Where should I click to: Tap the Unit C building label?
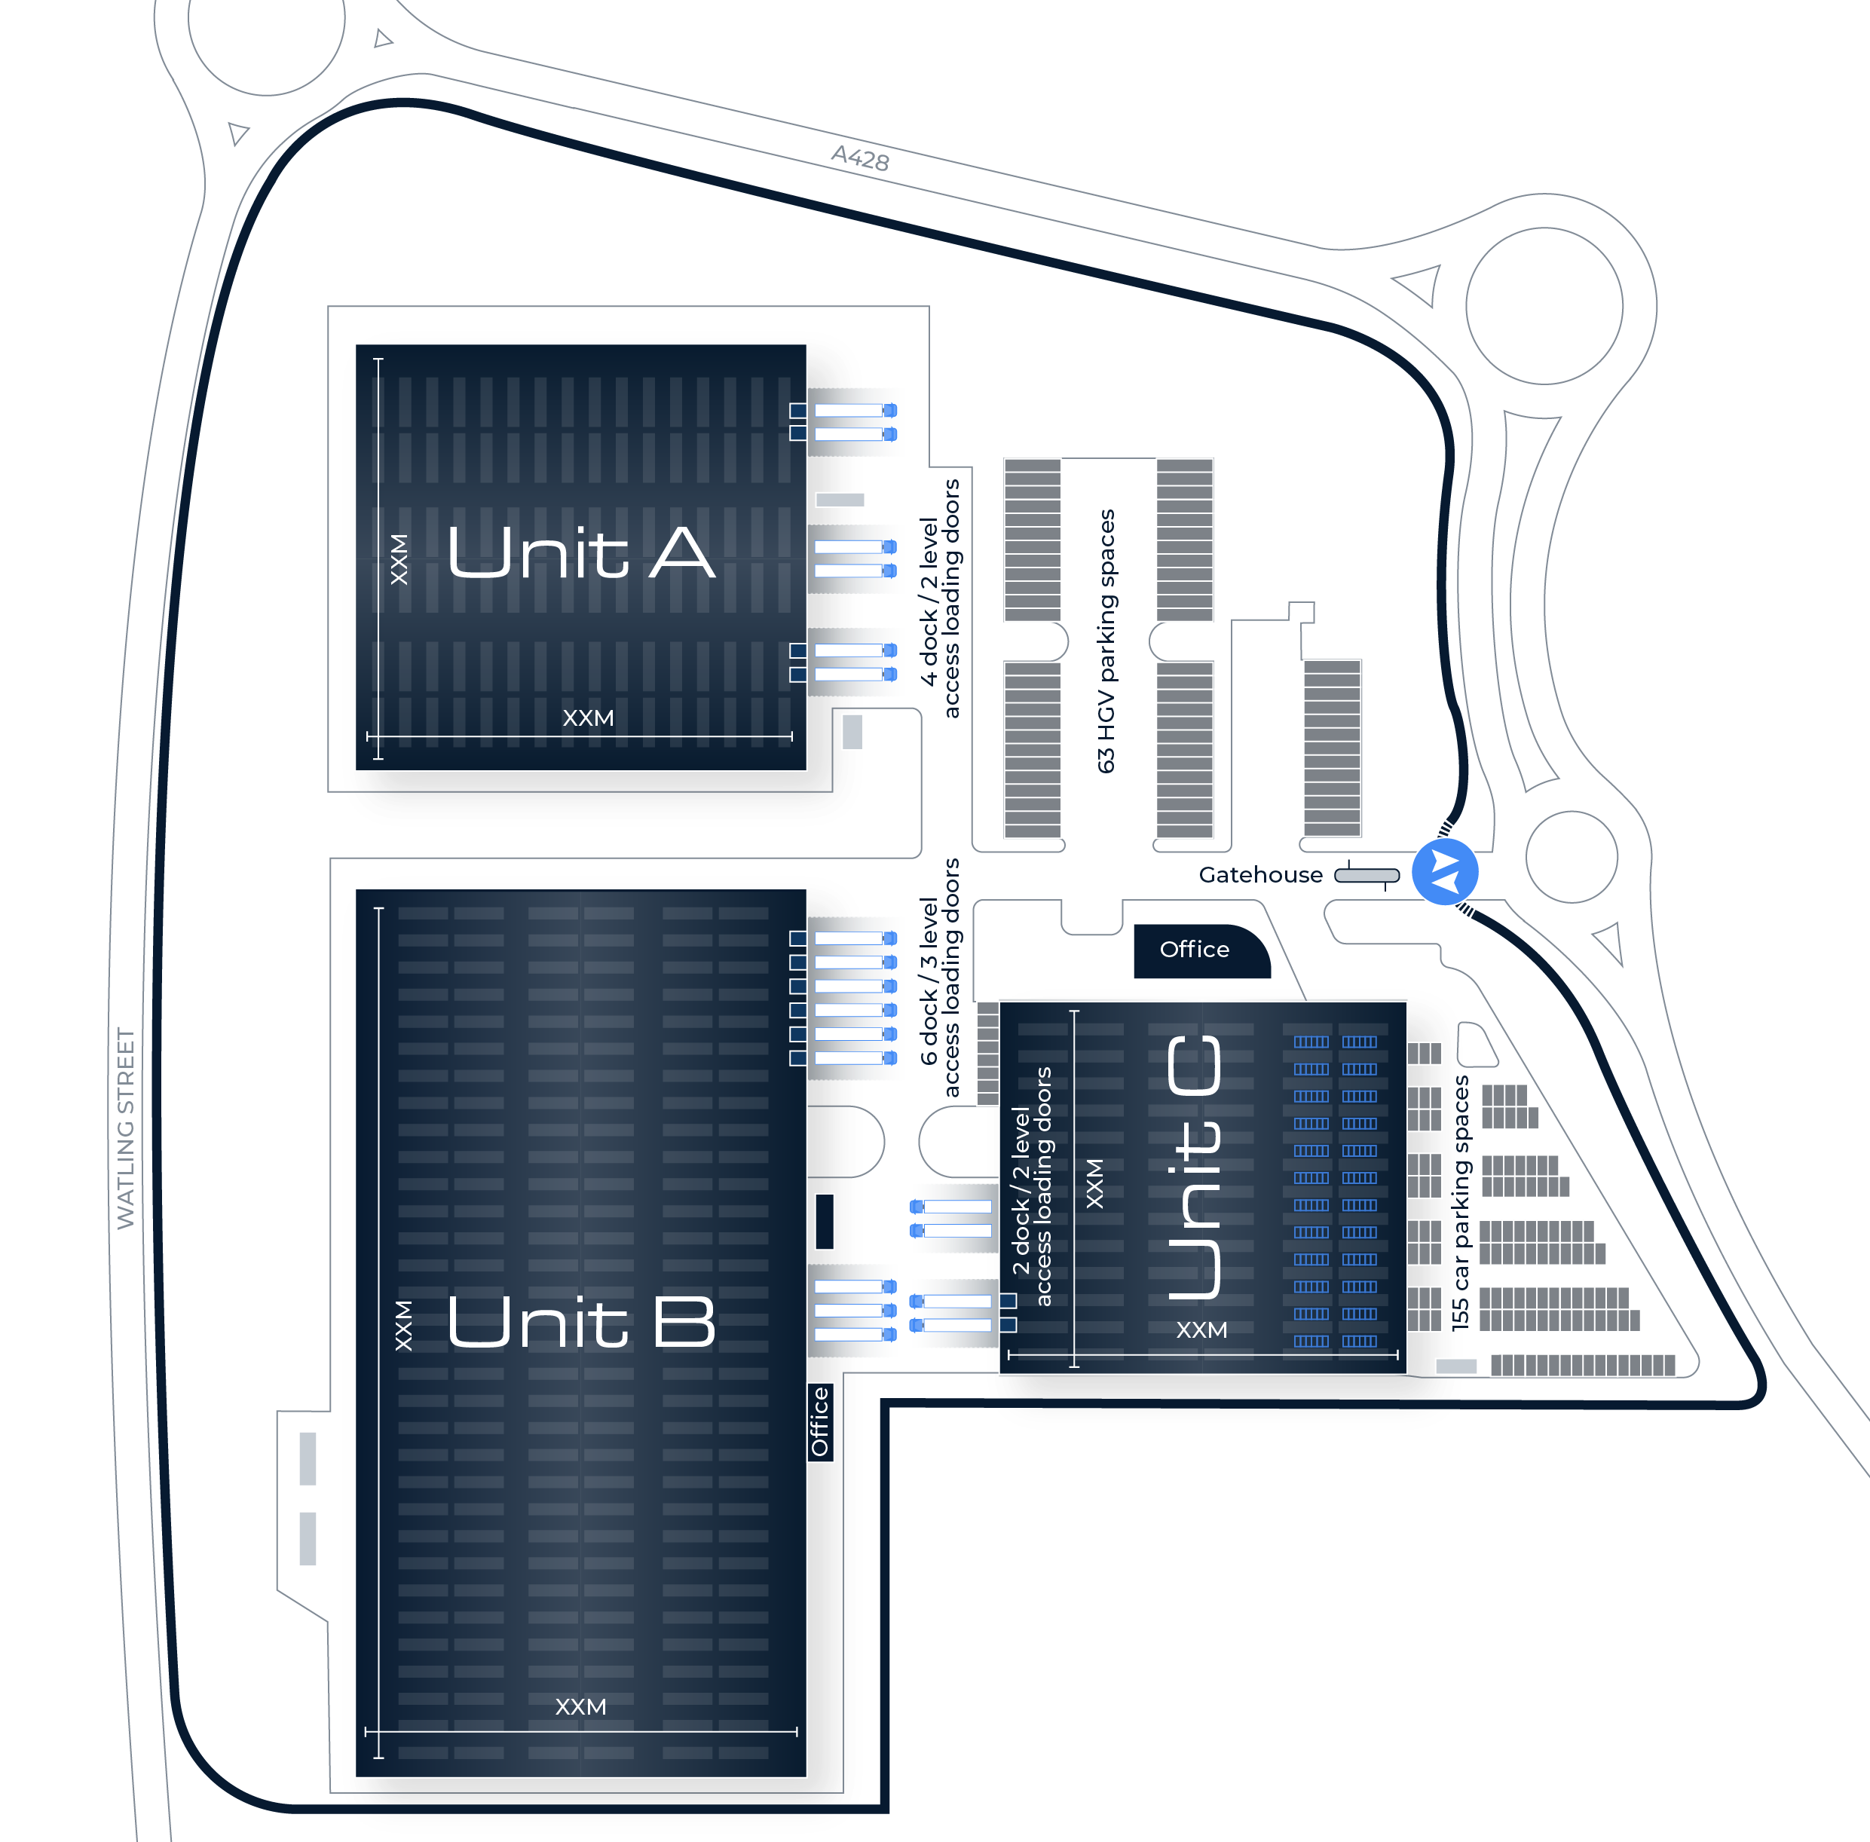pyautogui.click(x=1195, y=1167)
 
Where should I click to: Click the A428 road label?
pyautogui.click(x=860, y=158)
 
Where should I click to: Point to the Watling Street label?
pyautogui.click(x=126, y=1128)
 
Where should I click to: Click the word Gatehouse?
pyautogui.click(x=1260, y=874)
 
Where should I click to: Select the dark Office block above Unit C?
pyautogui.click(x=1201, y=951)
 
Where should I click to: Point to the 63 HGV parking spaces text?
pyautogui.click(x=1106, y=641)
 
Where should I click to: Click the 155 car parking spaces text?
pyautogui.click(x=1460, y=1203)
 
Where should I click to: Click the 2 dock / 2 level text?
pyautogui.click(x=1021, y=1191)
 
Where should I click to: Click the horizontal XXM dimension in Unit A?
pyautogui.click(x=588, y=718)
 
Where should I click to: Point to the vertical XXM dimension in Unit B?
pyautogui.click(x=403, y=1326)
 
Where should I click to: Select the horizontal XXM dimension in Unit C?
pyautogui.click(x=1201, y=1330)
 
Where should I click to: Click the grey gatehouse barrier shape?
pyautogui.click(x=1367, y=876)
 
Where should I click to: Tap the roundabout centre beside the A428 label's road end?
pyautogui.click(x=1543, y=306)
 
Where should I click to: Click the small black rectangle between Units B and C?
pyautogui.click(x=825, y=1221)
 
